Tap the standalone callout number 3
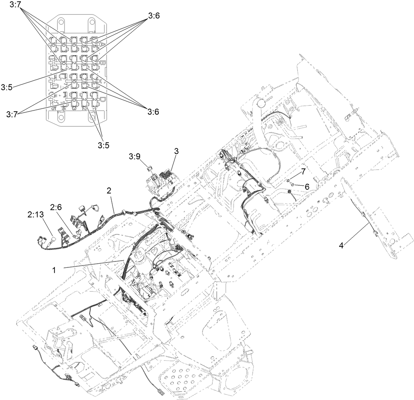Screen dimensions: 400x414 pyautogui.click(x=176, y=151)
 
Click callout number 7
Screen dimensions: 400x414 pyautogui.click(x=303, y=171)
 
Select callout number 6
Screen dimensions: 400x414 pyautogui.click(x=307, y=186)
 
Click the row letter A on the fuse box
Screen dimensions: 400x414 pyautogui.click(x=99, y=42)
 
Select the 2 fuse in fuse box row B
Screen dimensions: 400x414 pyautogui.click(x=74, y=61)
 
